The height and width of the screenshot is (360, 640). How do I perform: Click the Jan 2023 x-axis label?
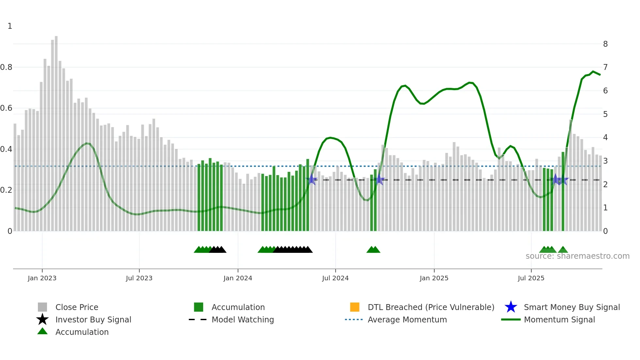point(42,278)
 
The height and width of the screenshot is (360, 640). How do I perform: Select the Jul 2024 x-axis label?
point(335,278)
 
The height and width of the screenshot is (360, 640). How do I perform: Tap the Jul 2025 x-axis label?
point(531,278)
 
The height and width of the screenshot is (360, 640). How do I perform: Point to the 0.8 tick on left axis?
point(7,67)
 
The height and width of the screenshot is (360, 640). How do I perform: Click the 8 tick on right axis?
point(605,44)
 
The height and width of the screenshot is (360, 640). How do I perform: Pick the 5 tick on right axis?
point(605,114)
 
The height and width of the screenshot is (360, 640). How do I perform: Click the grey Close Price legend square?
point(42,307)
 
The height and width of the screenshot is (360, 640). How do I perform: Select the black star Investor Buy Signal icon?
point(42,319)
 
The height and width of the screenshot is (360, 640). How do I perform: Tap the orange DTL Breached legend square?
point(355,307)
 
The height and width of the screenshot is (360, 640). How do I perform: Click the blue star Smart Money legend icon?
point(511,307)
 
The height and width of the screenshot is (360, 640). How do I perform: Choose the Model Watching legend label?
point(243,319)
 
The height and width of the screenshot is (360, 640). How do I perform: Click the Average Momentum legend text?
point(407,319)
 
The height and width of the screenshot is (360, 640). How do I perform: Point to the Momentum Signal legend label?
point(559,319)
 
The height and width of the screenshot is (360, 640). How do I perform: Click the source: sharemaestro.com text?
point(577,256)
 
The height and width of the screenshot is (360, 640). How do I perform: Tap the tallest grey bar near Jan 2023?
point(56,131)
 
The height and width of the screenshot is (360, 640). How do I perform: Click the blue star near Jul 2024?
point(312,179)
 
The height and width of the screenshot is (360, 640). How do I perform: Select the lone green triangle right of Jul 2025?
point(563,250)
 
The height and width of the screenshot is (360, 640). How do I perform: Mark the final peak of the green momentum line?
point(593,72)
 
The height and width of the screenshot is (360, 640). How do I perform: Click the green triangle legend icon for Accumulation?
point(42,331)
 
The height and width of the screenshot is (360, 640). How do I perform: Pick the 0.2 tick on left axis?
point(7,190)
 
